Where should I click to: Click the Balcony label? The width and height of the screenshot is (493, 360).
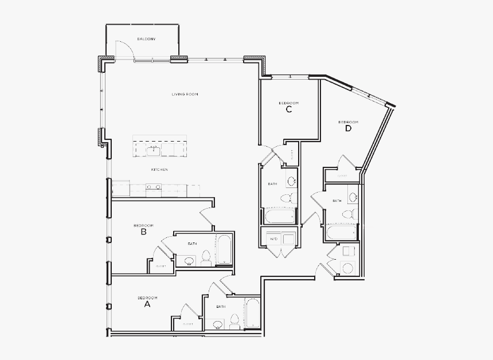[146, 39]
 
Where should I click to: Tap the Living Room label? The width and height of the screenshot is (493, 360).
[185, 94]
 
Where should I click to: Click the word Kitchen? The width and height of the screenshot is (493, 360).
[159, 170]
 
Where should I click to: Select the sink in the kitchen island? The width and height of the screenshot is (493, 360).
[153, 151]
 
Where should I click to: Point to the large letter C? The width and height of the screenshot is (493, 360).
[289, 109]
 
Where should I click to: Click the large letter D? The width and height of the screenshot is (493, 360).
[348, 128]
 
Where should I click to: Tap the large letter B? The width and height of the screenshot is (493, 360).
[143, 232]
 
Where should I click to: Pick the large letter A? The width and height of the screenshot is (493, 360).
[147, 305]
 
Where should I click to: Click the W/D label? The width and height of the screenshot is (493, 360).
[274, 238]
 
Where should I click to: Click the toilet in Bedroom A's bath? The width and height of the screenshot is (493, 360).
[234, 321]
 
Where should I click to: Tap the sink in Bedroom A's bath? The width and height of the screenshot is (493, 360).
[218, 324]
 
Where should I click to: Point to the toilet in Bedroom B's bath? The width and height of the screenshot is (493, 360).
[206, 260]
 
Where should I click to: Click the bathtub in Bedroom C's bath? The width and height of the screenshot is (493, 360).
[280, 216]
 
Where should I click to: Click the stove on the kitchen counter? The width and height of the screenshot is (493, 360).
[153, 187]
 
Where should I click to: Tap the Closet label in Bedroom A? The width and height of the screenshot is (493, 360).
[188, 324]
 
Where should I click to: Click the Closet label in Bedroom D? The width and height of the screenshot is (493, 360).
[342, 176]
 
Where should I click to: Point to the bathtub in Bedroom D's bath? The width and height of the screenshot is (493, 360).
[341, 233]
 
